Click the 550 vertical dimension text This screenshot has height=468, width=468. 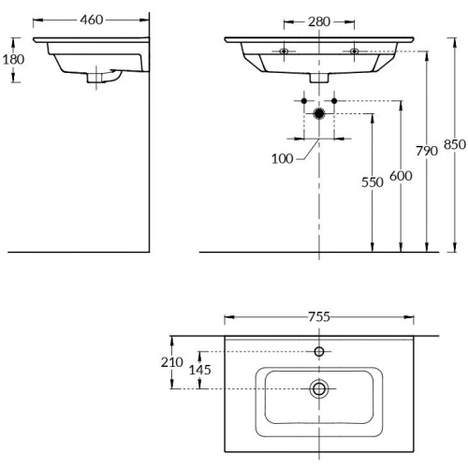pos(373,183)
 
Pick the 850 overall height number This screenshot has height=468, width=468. pos(454,144)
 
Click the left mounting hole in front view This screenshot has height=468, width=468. pos(284,51)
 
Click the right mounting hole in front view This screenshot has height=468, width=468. pos(354,51)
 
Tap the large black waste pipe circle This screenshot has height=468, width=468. pos(319,113)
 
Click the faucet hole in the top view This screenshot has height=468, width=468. pos(319,352)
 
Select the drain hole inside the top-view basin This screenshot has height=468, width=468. pos(319,388)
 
